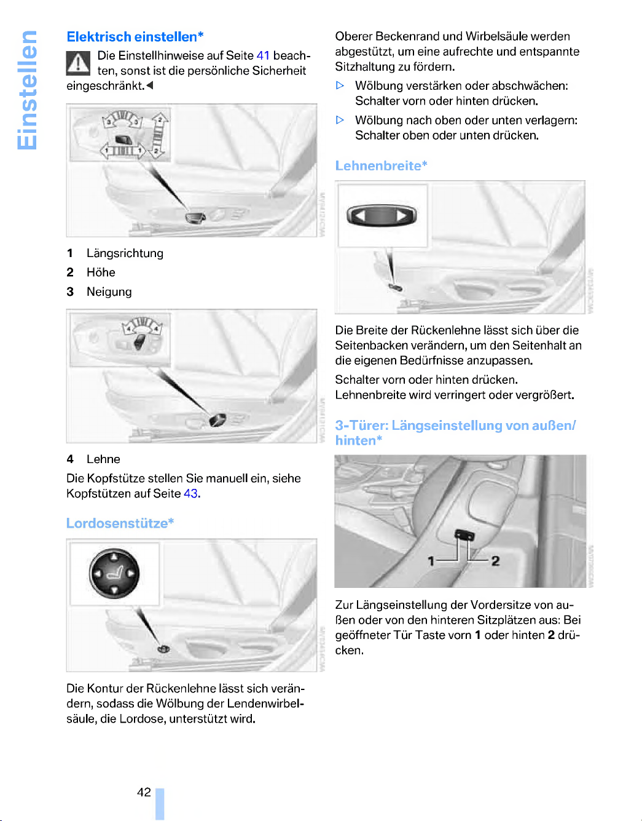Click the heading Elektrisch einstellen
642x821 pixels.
tap(135, 37)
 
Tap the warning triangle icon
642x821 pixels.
tap(78, 63)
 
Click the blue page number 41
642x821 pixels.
tap(263, 55)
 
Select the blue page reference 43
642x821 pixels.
tap(190, 494)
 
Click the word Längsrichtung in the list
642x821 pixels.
tap(125, 253)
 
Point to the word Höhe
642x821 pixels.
tap(101, 272)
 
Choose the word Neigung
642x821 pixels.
tap(109, 292)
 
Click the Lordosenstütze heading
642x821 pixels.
tap(120, 523)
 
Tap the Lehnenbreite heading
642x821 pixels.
tap(381, 166)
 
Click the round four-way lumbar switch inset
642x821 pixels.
tap(114, 574)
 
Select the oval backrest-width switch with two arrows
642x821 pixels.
tap(382, 216)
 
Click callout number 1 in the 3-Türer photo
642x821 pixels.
tap(431, 561)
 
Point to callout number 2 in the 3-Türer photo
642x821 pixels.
tap(495, 561)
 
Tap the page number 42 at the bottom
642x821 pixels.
tap(144, 792)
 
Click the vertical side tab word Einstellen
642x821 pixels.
tap(27, 90)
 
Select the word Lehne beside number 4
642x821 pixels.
tap(103, 459)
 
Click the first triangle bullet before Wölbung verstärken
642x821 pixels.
tap(340, 86)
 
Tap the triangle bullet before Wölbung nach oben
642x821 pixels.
tap(340, 121)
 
